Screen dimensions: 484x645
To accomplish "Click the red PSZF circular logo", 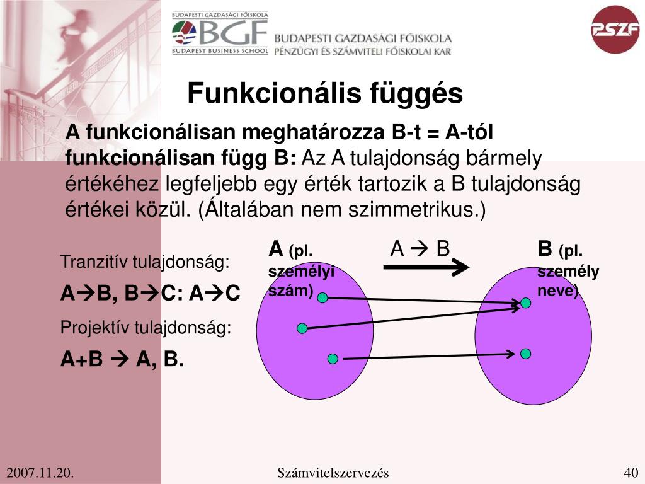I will [615, 30].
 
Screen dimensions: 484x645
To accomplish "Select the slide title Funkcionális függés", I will [324, 94].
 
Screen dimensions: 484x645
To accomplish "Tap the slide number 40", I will [631, 473].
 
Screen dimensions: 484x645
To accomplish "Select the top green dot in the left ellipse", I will [322, 297].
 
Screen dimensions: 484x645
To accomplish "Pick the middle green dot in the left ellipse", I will [302, 328].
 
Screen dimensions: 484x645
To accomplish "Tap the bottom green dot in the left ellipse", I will [333, 359].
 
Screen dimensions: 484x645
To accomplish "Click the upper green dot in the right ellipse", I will [526, 303].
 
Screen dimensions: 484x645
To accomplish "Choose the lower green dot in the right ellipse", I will [526, 354].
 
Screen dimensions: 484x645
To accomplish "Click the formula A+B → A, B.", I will [122, 359].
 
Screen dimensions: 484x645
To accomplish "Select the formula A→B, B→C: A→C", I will [151, 293].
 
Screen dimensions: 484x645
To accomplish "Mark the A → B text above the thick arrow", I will [420, 249].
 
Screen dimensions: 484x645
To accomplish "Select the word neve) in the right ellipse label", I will [557, 291].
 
